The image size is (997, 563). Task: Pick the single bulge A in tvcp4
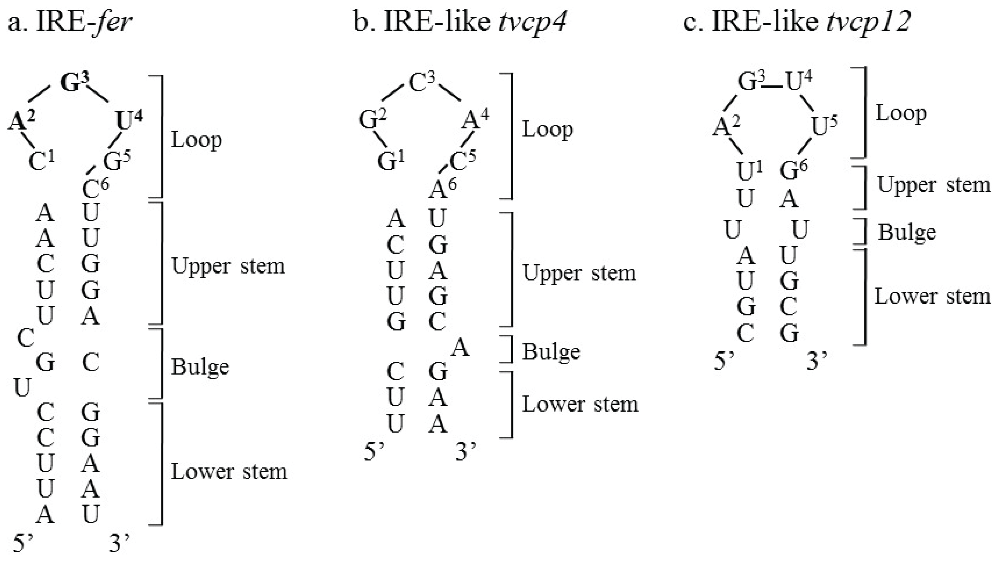460,348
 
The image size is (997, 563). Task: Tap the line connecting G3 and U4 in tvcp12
773,86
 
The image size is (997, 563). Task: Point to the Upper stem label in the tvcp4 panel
579,273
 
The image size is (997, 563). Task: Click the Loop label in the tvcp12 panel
901,114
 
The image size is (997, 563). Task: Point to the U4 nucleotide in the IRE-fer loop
128,121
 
